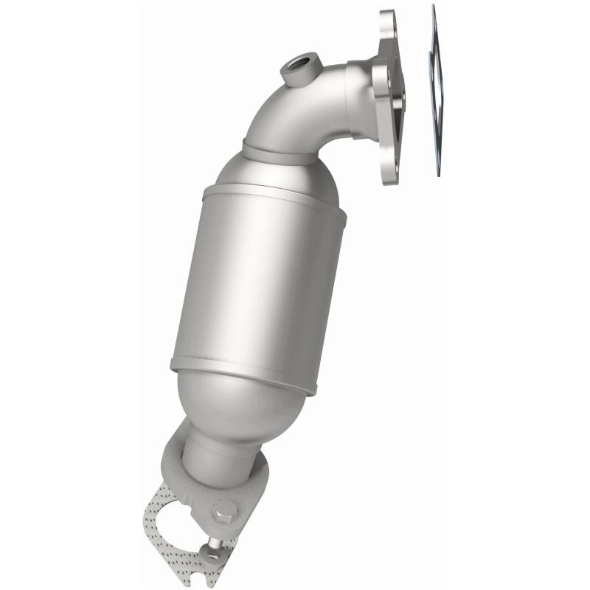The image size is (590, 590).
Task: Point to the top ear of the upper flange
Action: click(389, 26)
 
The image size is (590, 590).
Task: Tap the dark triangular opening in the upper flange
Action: click(398, 103)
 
